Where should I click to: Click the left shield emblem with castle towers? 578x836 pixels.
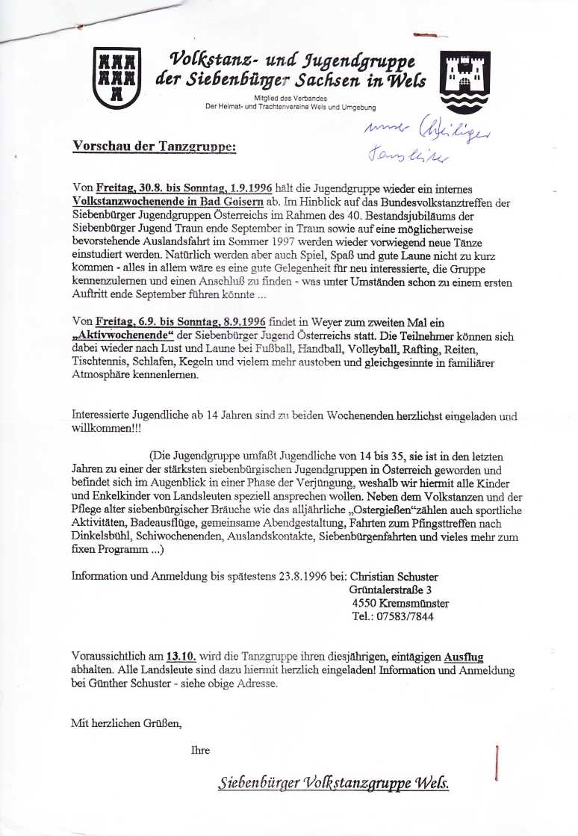(x=116, y=78)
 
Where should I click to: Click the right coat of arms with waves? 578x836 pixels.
(x=465, y=81)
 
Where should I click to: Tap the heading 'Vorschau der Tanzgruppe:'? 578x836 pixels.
(x=154, y=146)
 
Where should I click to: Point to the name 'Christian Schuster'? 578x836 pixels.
(x=394, y=577)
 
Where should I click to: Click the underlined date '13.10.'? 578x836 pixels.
(x=181, y=657)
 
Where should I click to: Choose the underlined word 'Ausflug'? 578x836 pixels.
(x=463, y=657)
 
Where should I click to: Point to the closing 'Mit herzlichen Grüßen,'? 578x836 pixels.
(x=126, y=722)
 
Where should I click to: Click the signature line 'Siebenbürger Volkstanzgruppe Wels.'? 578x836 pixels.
(x=334, y=784)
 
